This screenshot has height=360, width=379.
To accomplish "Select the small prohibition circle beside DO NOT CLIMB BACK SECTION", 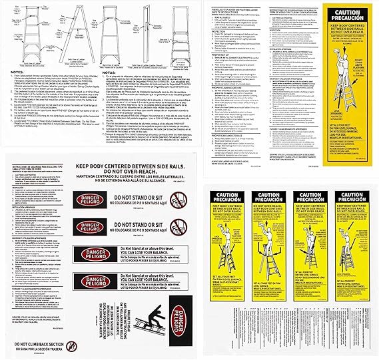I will pos(73,347).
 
